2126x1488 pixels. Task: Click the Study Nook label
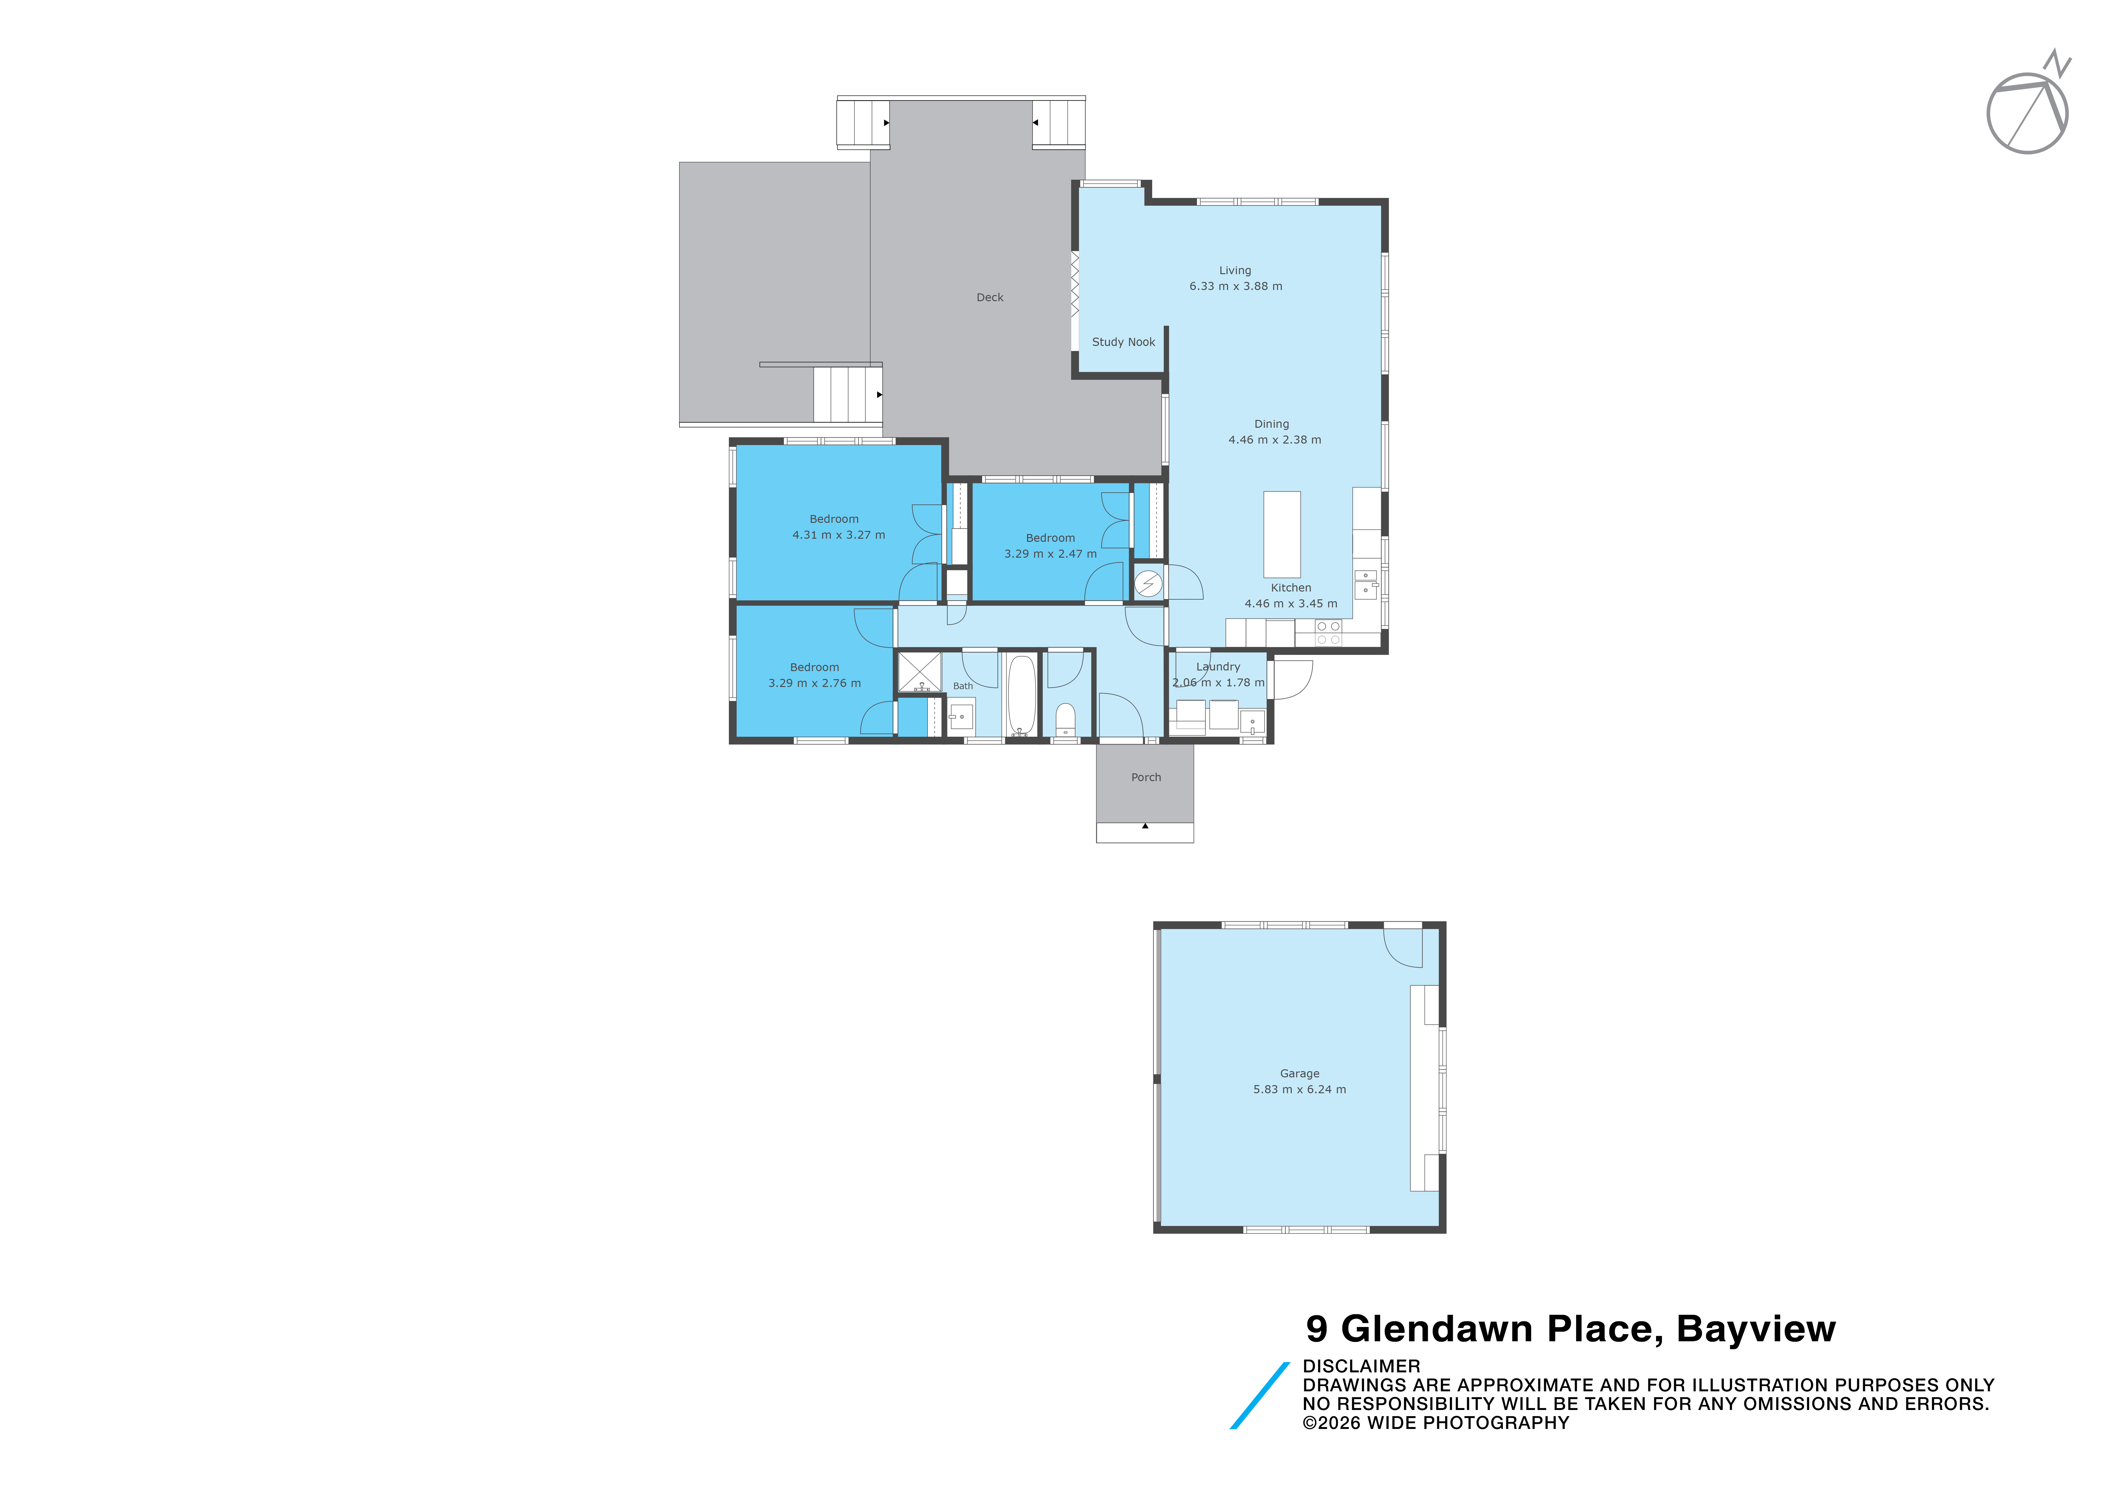click(1123, 342)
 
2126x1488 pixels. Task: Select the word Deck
click(990, 297)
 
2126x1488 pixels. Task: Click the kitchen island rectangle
click(1282, 534)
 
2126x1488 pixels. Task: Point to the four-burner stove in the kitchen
click(1328, 633)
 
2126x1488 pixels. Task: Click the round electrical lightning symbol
click(1148, 583)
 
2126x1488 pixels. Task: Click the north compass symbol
click(2028, 107)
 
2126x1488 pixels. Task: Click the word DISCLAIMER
click(1361, 1366)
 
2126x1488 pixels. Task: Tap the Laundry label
click(1218, 667)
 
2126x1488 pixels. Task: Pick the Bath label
click(963, 686)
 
